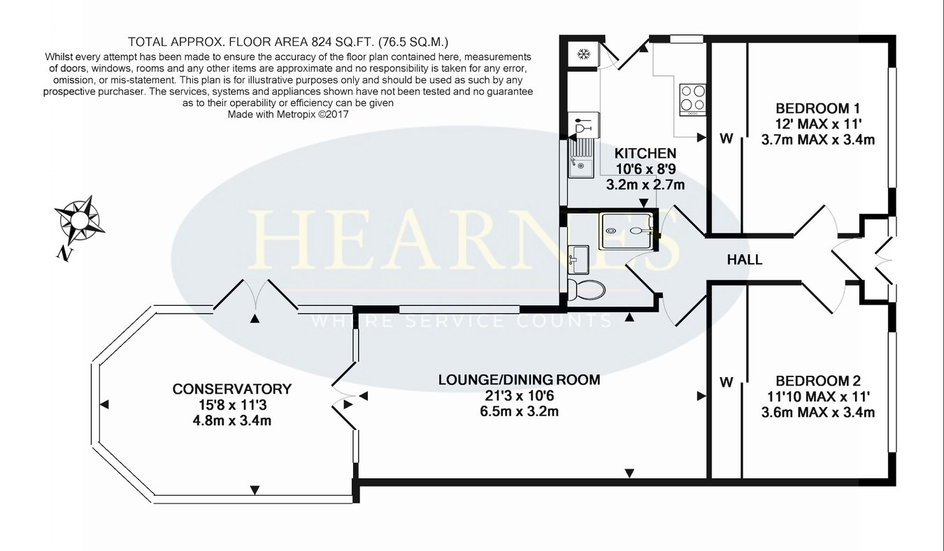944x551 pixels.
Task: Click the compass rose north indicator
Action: click(79, 225)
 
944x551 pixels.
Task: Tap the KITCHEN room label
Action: click(645, 153)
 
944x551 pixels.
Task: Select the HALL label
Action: click(745, 260)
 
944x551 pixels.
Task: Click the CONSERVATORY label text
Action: click(231, 389)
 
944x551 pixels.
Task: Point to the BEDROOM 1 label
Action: click(817, 109)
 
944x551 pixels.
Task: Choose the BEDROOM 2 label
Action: click(818, 381)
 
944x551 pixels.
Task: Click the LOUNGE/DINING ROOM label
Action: click(519, 380)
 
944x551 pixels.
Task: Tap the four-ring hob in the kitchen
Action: click(693, 100)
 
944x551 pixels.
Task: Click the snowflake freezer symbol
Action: click(583, 54)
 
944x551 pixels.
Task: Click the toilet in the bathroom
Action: click(586, 290)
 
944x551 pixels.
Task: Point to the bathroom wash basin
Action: click(578, 260)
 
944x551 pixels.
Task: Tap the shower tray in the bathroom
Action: click(627, 230)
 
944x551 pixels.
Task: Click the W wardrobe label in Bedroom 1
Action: click(726, 138)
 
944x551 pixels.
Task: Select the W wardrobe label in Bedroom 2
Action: click(726, 382)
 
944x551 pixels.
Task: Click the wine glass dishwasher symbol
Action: click(583, 125)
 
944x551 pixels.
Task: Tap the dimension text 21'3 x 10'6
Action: click(519, 396)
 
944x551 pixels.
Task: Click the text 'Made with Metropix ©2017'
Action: click(288, 115)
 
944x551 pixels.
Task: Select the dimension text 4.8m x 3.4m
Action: click(231, 420)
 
